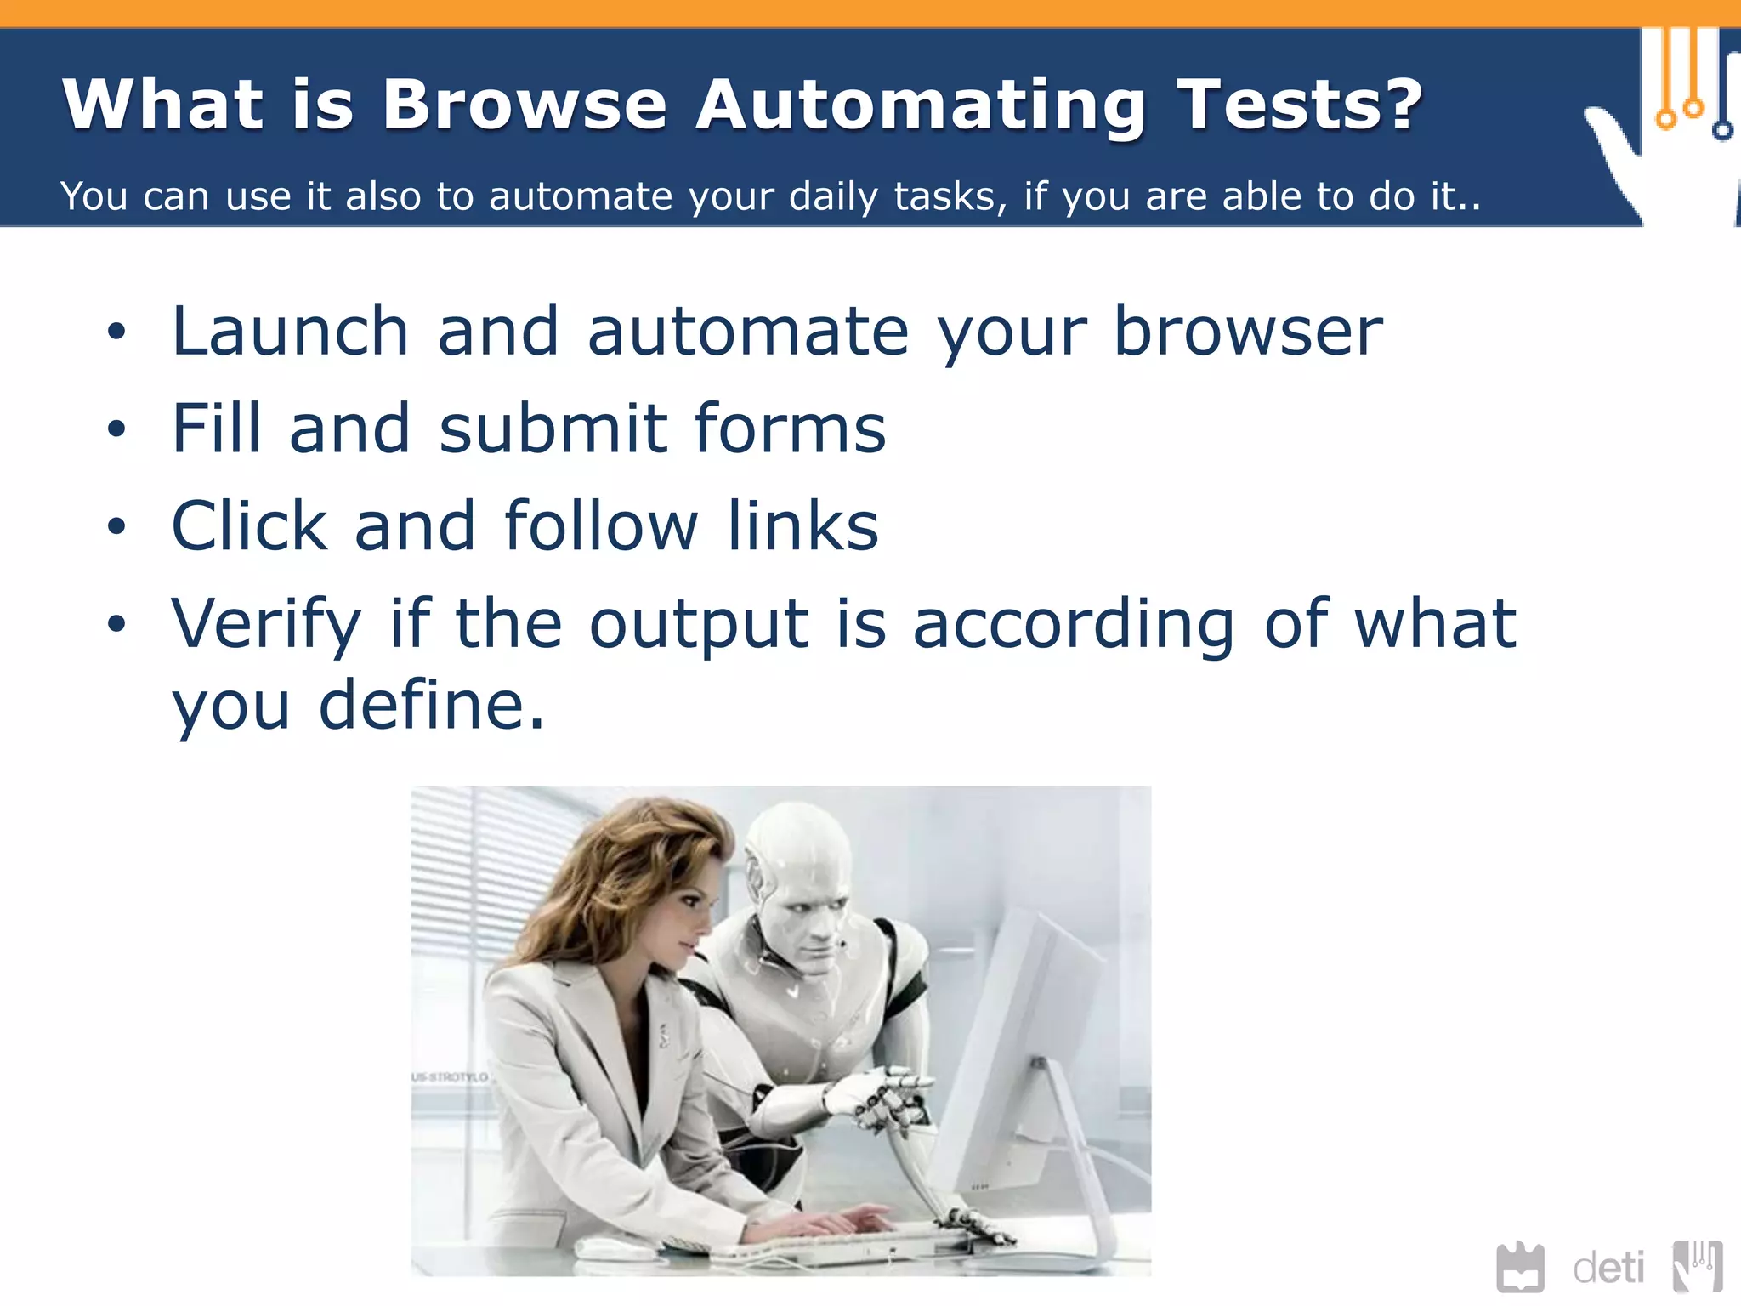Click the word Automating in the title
(x=921, y=105)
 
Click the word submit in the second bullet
(x=553, y=429)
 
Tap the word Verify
(x=266, y=625)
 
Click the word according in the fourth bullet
(x=1074, y=625)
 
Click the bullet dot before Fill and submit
(x=116, y=429)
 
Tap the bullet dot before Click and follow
(x=116, y=527)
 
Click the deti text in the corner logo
(x=1608, y=1269)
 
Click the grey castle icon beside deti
(x=1520, y=1268)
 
